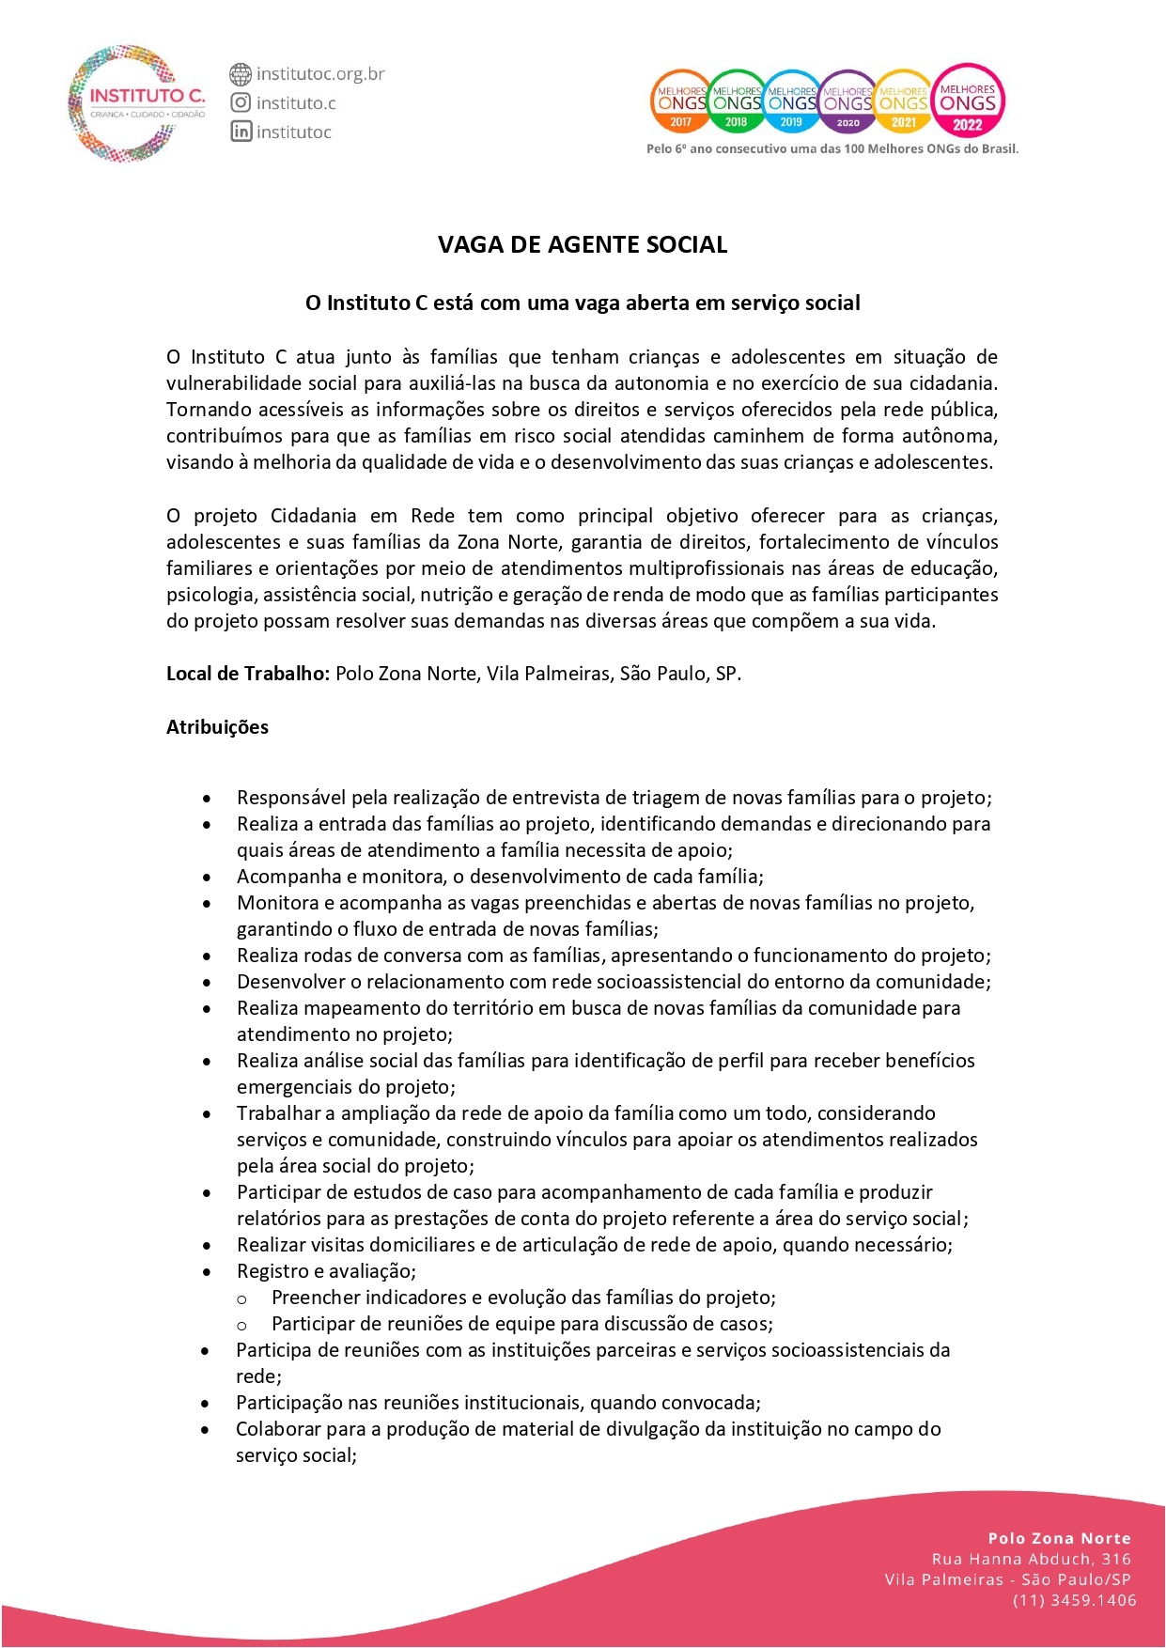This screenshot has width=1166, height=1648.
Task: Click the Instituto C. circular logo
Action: (135, 102)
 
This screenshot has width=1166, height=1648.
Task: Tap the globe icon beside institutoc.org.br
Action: (241, 73)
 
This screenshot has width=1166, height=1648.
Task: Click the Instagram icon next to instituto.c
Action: (241, 102)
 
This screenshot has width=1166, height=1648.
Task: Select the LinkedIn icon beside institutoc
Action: (241, 132)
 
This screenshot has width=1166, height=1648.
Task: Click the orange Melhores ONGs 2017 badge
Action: (679, 101)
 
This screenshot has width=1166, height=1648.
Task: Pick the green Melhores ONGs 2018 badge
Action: (736, 101)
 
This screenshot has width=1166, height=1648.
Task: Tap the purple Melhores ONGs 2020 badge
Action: (847, 101)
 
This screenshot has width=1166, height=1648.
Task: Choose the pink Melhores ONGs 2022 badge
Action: (968, 100)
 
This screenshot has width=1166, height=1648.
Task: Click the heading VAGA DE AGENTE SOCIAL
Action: (583, 245)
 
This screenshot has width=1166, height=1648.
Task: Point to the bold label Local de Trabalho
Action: (247, 674)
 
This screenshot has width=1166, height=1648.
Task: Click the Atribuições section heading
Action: (217, 727)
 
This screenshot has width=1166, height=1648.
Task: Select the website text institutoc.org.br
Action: (320, 73)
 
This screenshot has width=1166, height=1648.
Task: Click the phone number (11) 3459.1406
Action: (1074, 1600)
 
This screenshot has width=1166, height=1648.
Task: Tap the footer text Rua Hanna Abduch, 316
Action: (1031, 1559)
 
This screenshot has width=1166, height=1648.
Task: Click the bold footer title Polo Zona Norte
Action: (1059, 1538)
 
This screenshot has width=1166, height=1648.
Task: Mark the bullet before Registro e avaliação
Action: (207, 1272)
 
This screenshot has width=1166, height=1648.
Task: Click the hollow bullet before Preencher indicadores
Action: (241, 1299)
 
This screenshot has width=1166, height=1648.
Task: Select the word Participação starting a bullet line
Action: (289, 1403)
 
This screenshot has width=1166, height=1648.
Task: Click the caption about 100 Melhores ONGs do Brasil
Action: (832, 148)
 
